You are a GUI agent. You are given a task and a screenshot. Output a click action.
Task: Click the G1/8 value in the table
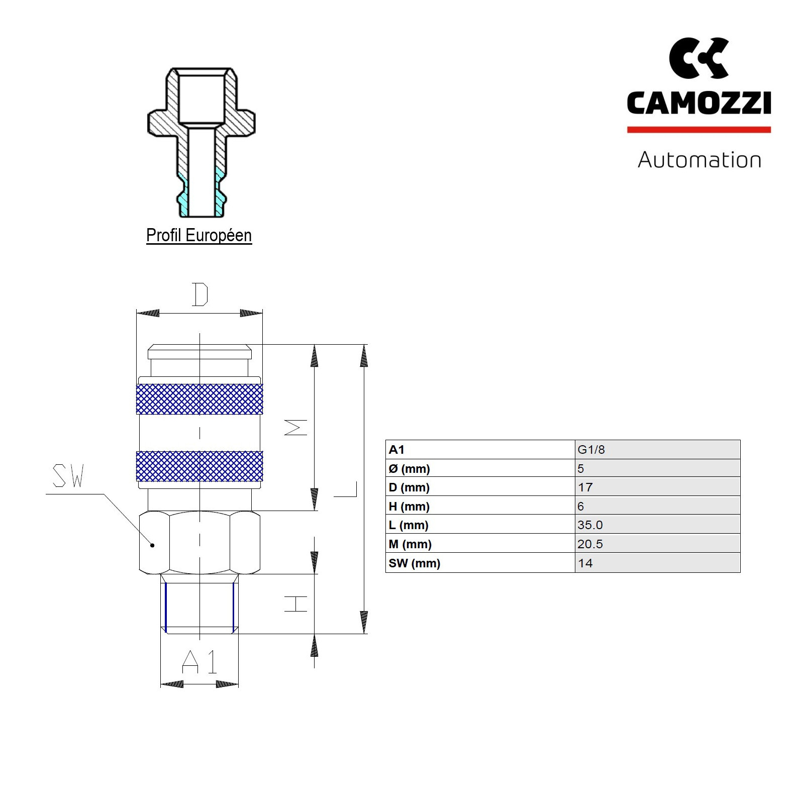pos(591,450)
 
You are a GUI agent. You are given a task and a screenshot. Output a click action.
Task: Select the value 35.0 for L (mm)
pos(590,525)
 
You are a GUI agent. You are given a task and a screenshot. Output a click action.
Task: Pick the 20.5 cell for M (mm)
pos(590,544)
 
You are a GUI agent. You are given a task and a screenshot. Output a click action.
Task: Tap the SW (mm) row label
pos(414,563)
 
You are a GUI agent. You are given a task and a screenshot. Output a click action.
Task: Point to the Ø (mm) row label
pos(409,469)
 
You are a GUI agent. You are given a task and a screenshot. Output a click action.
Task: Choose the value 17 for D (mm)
pos(585,487)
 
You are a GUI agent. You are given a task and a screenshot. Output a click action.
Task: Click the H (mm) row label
pos(409,507)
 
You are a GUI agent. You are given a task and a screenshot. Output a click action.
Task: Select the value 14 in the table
pos(585,563)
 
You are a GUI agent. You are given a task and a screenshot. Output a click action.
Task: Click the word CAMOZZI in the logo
pos(698,103)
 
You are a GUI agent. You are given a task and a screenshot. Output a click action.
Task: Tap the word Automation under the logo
pos(699,160)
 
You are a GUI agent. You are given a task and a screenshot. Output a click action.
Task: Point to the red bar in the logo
pos(698,130)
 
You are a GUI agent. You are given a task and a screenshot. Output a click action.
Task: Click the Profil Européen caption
pos(199,235)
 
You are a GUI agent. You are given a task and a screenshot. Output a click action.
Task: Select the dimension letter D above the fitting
pos(200,295)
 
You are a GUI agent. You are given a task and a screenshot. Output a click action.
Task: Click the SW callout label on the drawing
pos(68,476)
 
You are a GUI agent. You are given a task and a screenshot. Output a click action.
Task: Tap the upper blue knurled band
pos(199,399)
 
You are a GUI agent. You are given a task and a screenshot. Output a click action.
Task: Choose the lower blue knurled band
pos(199,466)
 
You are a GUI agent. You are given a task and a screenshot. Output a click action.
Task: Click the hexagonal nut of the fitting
pos(199,543)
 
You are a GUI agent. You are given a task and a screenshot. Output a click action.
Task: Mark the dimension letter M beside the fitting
pos(295,427)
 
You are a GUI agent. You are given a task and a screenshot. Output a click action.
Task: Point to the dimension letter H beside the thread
pos(295,604)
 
